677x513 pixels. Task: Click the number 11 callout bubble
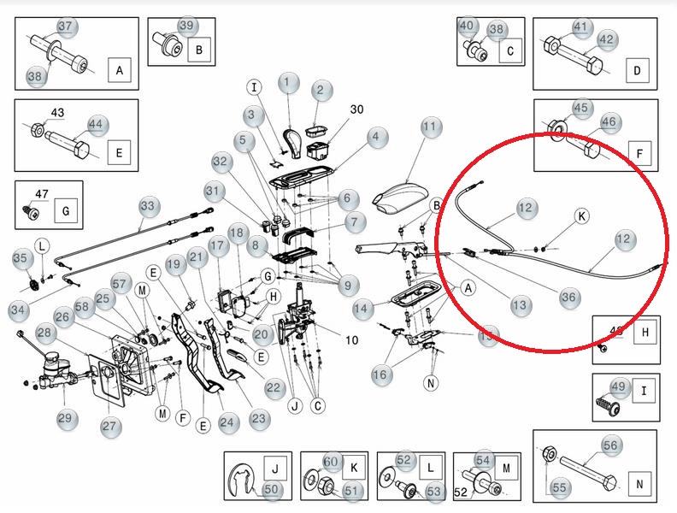(430, 128)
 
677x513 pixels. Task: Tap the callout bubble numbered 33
(149, 206)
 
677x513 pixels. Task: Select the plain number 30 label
(356, 109)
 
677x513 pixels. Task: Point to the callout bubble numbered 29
(66, 418)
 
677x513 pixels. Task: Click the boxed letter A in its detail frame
(118, 69)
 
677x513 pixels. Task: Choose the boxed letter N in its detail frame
(639, 482)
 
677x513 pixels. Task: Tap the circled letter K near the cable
(581, 216)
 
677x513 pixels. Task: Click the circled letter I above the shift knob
(254, 86)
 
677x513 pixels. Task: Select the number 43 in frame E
(57, 113)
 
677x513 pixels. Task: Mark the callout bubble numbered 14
(362, 307)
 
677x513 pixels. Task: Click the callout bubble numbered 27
(110, 426)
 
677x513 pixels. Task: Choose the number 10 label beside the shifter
(351, 339)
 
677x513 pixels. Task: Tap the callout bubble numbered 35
(21, 258)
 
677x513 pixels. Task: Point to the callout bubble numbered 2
(321, 90)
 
